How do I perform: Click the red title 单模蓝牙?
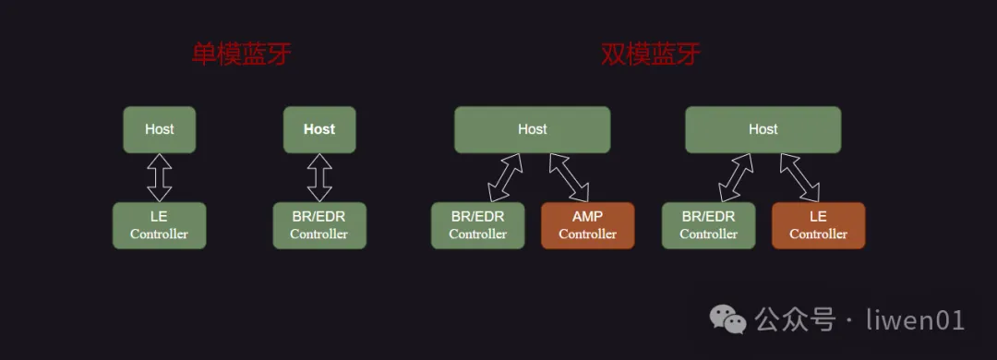point(242,55)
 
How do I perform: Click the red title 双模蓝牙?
point(651,55)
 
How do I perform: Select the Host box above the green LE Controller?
point(160,130)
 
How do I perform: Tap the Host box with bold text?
point(319,130)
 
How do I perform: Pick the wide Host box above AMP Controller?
point(533,130)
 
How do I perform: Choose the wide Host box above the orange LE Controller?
point(763,130)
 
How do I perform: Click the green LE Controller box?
point(160,225)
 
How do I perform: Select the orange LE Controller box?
point(818,225)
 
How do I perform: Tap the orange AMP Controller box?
point(587,225)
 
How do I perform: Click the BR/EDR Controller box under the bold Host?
point(319,225)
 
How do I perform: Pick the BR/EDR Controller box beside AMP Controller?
point(477,225)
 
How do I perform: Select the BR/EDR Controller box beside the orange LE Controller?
point(708,225)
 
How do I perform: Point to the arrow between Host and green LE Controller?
point(160,177)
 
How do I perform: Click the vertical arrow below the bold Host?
point(319,177)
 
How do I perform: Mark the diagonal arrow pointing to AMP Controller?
point(569,177)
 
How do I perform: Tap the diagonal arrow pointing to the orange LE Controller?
point(799,177)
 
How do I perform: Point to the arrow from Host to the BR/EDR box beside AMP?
point(506,177)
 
